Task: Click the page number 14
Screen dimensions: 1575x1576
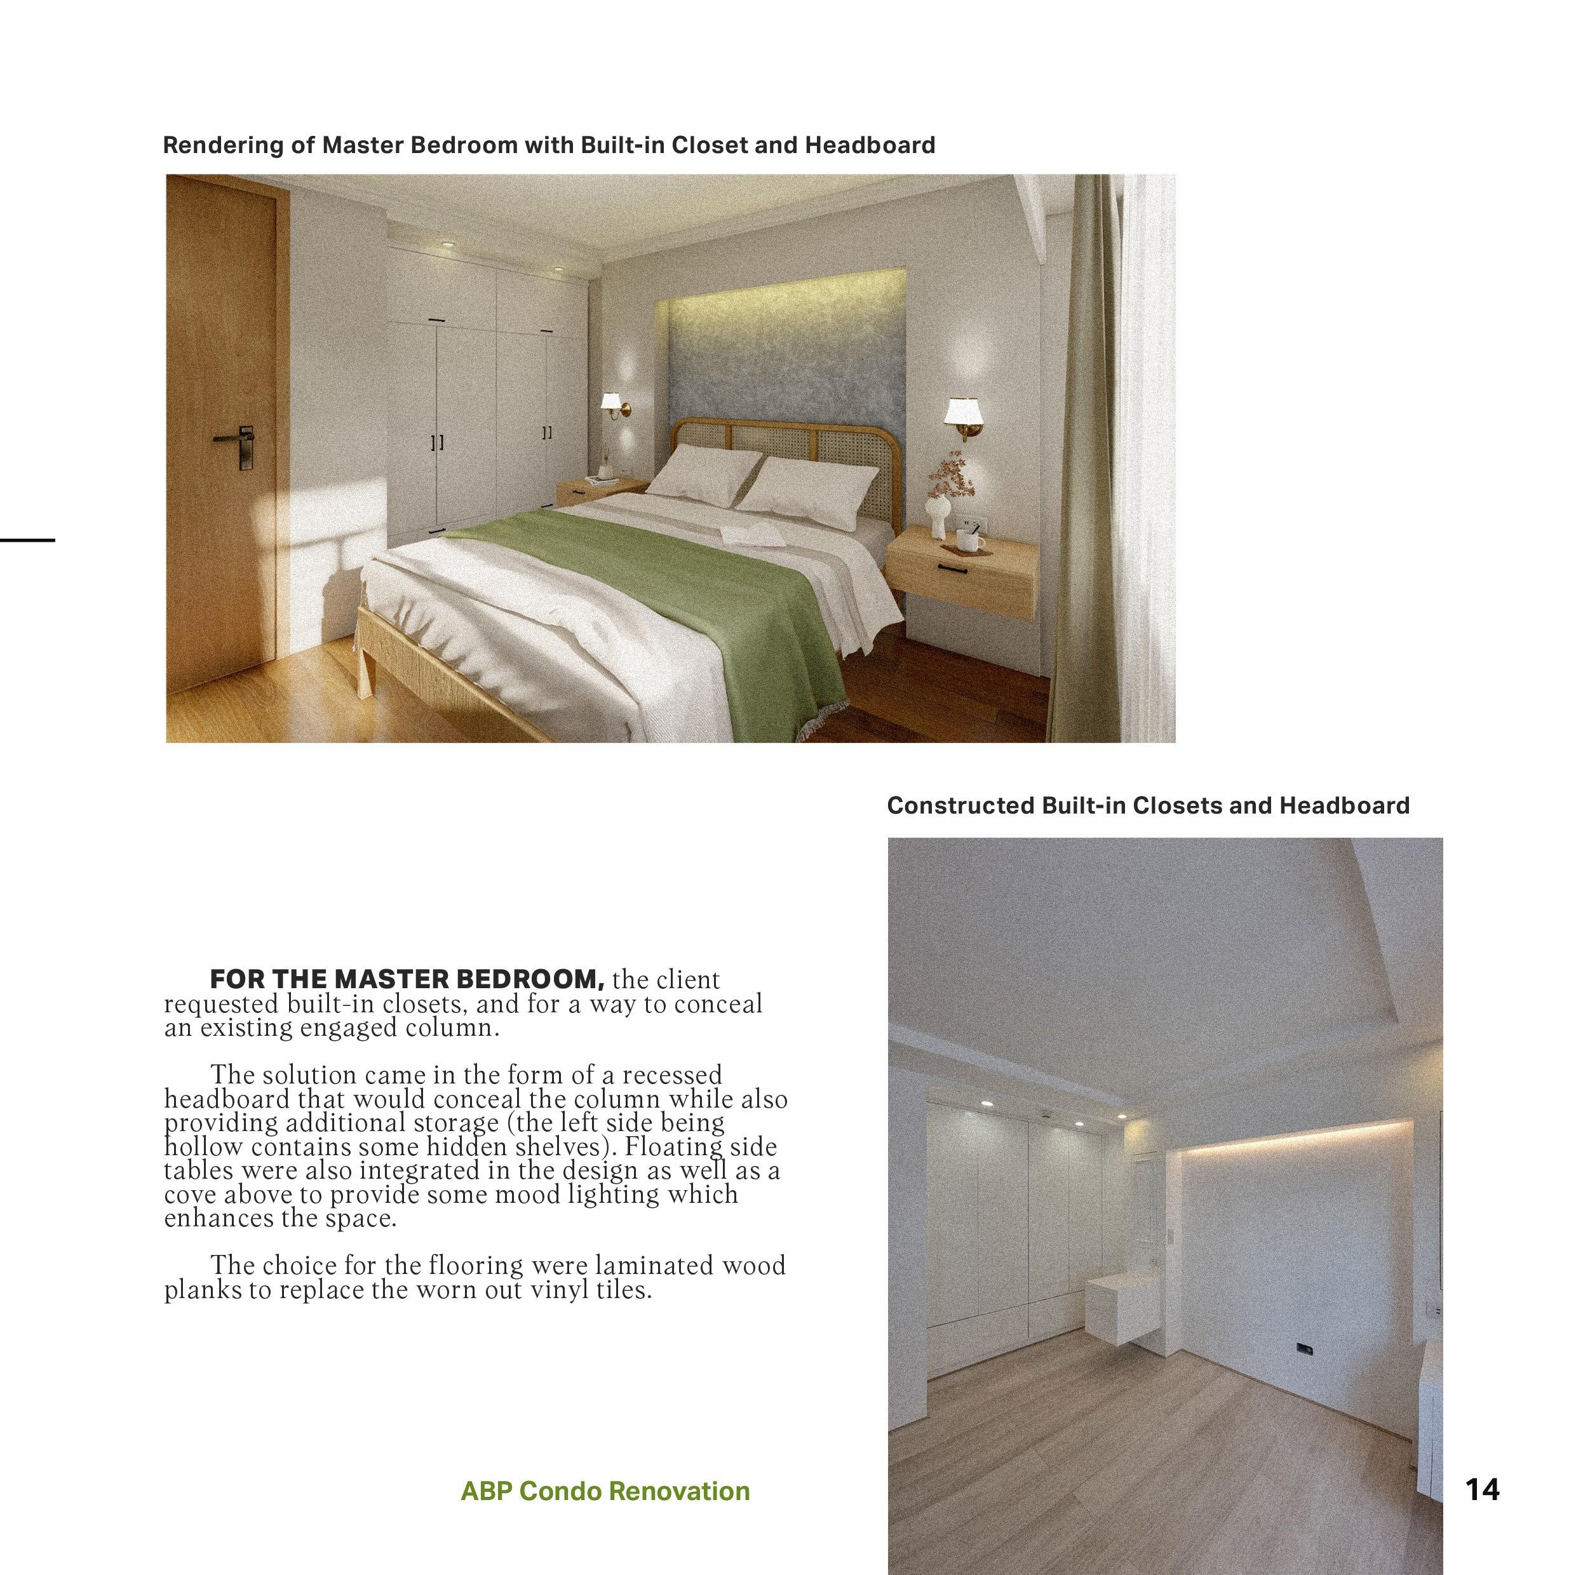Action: pyautogui.click(x=1482, y=1490)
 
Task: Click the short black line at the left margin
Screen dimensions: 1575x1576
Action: pyautogui.click(x=27, y=539)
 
